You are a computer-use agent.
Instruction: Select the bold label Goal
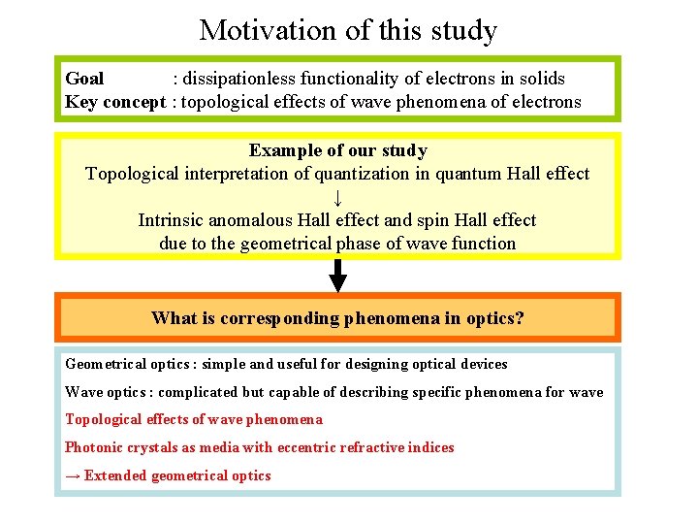click(84, 79)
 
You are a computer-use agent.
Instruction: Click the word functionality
click(346, 79)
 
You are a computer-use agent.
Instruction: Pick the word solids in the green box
click(541, 79)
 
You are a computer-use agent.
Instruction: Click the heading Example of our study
click(337, 150)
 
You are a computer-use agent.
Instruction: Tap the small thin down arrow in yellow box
click(337, 197)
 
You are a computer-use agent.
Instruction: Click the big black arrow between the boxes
click(337, 276)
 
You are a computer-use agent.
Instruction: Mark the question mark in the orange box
click(520, 318)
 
